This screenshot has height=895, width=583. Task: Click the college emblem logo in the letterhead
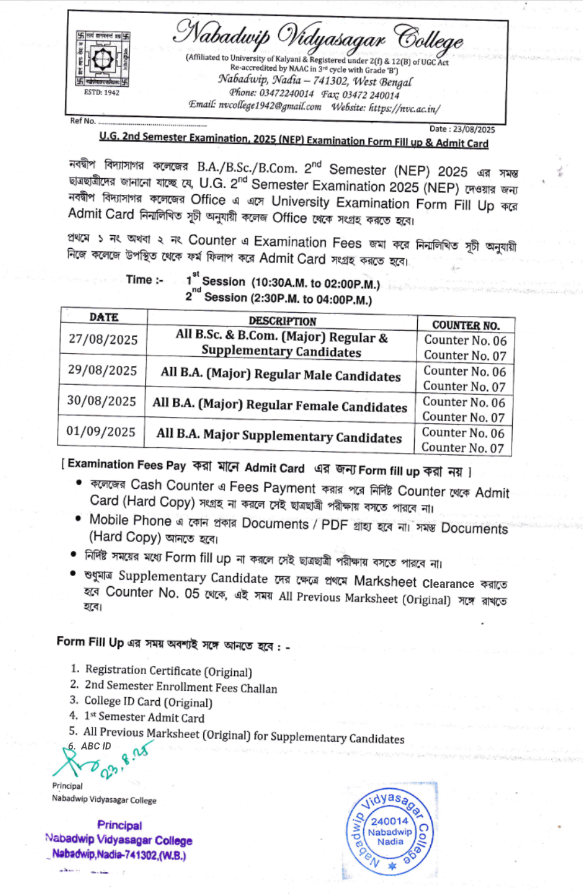click(103, 58)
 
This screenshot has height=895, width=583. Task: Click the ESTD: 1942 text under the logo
click(102, 93)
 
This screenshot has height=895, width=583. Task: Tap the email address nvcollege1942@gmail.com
click(270, 106)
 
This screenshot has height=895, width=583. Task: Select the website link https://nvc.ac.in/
click(404, 108)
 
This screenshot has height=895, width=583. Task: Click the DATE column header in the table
click(104, 317)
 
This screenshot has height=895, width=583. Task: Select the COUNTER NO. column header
click(465, 325)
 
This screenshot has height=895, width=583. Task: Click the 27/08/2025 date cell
click(103, 340)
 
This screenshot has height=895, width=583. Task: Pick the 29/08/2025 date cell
click(102, 371)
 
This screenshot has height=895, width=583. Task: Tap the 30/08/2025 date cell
click(102, 401)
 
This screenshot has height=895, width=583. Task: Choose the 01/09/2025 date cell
click(101, 432)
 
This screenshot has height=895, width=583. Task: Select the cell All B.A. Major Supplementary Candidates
click(279, 436)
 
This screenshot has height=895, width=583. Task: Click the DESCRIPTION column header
click(282, 321)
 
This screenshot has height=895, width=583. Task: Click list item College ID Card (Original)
click(148, 702)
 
